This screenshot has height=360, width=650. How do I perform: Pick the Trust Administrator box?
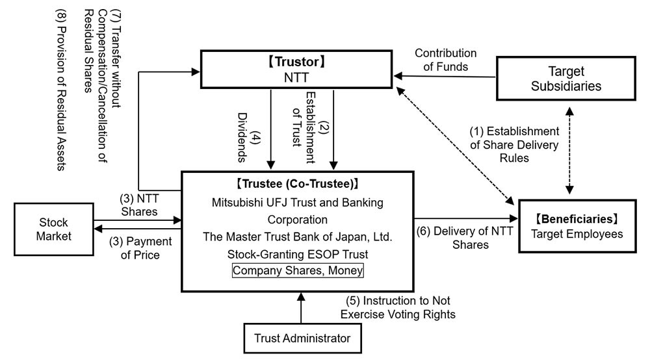(x=302, y=338)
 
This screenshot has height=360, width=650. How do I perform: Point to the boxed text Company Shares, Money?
(x=298, y=270)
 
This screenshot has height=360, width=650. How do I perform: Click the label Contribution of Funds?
(x=445, y=59)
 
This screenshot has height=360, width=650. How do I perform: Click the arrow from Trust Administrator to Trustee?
(x=300, y=307)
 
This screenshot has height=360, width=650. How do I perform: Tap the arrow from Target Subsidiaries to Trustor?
(x=448, y=78)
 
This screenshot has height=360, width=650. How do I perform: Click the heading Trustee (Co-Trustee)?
(x=298, y=184)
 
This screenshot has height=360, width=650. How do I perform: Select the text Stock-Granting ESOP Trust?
(x=298, y=253)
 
